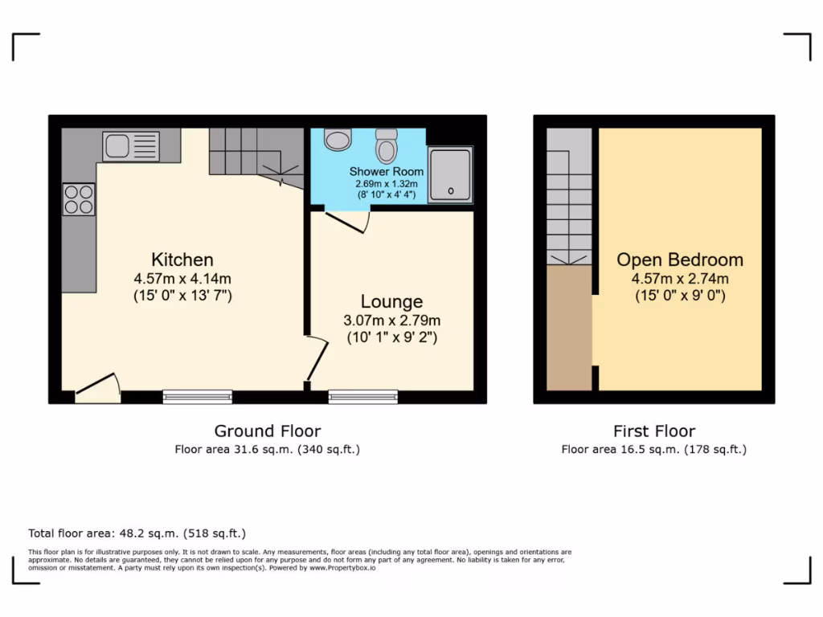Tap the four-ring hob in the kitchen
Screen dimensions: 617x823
(79, 199)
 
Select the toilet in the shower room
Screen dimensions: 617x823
(387, 145)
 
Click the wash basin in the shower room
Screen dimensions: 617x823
(338, 140)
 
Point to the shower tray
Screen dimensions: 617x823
(449, 174)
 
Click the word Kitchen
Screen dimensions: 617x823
(182, 259)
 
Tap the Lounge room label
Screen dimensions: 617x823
(391, 301)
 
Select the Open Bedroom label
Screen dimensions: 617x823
(679, 259)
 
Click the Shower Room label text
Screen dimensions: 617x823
(386, 172)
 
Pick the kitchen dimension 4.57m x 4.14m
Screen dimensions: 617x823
(182, 278)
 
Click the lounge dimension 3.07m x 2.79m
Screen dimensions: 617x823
(391, 320)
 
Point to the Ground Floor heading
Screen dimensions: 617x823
(267, 431)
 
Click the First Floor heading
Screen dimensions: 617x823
(653, 431)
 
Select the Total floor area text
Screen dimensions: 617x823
(137, 533)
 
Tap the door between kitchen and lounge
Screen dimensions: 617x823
(317, 359)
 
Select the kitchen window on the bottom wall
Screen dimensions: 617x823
(197, 396)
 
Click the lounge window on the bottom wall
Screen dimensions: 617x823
(362, 396)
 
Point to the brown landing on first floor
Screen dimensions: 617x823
(569, 328)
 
